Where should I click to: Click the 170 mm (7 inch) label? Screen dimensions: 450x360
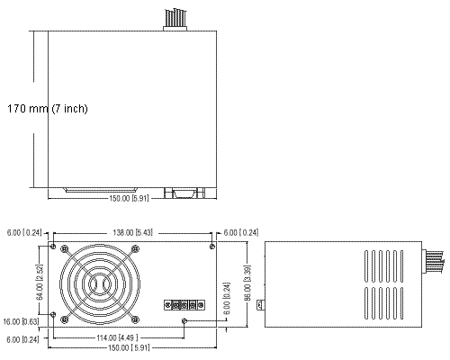pos(48,108)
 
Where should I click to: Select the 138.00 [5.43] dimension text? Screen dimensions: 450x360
pos(132,232)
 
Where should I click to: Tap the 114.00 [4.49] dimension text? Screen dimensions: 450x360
pos(117,338)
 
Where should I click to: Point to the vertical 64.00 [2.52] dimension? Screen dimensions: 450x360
pos(40,282)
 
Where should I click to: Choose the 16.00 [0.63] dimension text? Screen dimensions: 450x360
pos(21,322)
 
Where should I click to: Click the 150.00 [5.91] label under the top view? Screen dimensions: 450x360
pos(129,199)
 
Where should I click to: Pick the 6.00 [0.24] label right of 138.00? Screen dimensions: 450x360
pos(241,233)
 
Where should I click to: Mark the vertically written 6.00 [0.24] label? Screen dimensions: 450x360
pos(227,298)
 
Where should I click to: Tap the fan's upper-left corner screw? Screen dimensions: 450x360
pos(65,248)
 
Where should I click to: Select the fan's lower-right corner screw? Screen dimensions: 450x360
pos(135,319)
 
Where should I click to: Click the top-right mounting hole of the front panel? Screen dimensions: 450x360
pos(212,247)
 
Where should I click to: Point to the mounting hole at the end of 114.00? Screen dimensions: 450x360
pos(184,321)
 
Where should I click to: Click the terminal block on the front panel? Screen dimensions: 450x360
pos(184,305)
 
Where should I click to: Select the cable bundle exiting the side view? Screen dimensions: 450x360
pos(433,263)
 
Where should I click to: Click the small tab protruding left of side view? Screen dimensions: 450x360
pos(261,305)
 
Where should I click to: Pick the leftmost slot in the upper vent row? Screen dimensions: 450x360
pos(366,266)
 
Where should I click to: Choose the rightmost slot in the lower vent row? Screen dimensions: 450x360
pos(401,303)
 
